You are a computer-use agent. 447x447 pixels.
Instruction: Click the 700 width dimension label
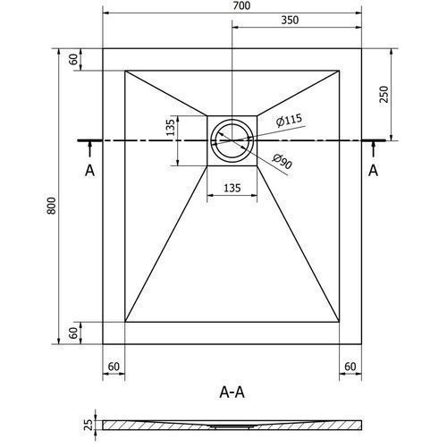(241, 5)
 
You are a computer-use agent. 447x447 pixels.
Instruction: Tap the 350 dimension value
(290, 20)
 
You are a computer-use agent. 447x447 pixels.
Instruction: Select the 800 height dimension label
(51, 206)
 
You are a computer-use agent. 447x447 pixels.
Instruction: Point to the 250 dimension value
(384, 94)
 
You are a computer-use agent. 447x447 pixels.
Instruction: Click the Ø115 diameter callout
(289, 120)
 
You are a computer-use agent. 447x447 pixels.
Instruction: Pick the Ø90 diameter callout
(282, 161)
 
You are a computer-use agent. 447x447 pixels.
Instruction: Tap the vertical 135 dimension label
(170, 127)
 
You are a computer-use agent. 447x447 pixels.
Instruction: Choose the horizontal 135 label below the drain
(232, 188)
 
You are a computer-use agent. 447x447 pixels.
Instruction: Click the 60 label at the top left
(73, 60)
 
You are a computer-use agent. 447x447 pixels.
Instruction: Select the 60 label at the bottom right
(350, 367)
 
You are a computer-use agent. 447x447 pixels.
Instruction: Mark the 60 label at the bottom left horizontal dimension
(114, 367)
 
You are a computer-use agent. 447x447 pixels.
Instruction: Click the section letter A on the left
(89, 171)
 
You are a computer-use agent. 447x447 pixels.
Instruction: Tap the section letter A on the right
(373, 171)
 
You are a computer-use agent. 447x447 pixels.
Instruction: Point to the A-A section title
(232, 392)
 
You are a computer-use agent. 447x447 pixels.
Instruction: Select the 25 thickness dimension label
(89, 425)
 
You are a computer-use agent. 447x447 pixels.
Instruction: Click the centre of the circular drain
(232, 140)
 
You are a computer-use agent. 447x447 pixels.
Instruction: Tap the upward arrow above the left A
(89, 149)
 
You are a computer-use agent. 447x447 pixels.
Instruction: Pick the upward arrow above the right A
(373, 149)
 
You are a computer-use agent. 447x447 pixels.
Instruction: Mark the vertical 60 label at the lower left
(73, 333)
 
